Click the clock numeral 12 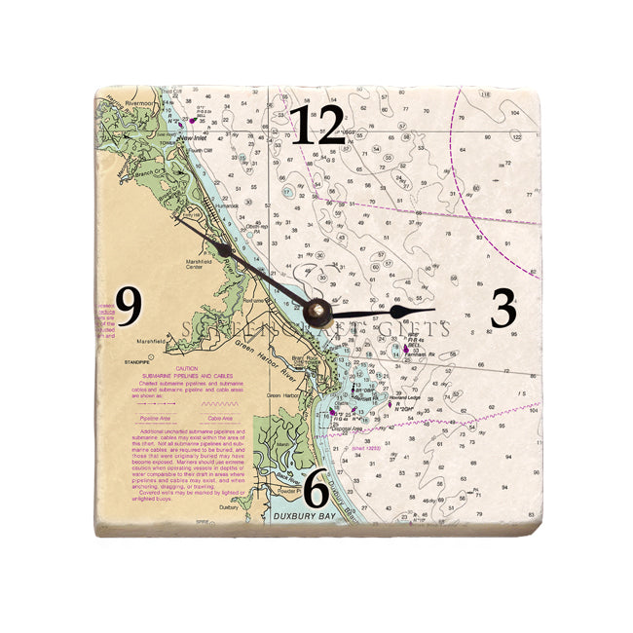pyautogui.click(x=318, y=127)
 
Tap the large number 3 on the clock pyautogui.click(x=503, y=309)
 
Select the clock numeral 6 pyautogui.click(x=316, y=490)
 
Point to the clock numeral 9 pyautogui.click(x=130, y=309)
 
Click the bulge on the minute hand pyautogui.click(x=225, y=250)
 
